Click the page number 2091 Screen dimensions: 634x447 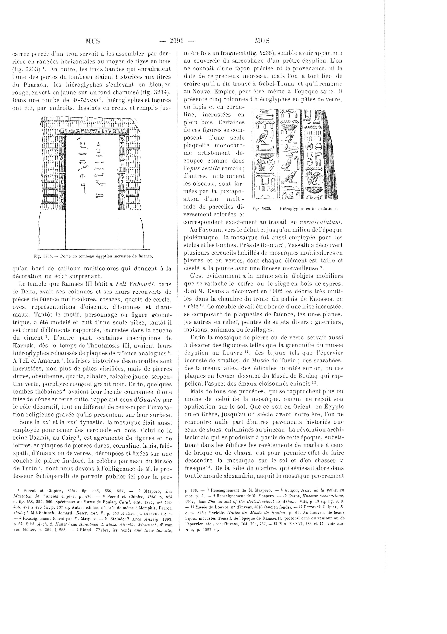[x=177, y=41]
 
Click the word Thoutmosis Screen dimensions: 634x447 [x=89, y=346]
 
